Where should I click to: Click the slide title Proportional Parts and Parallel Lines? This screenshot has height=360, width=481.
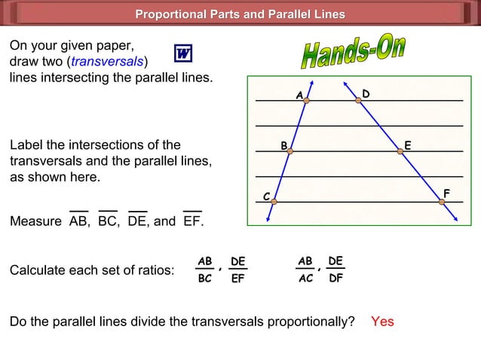pyautogui.click(x=240, y=14)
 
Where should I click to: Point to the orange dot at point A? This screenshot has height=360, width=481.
pyautogui.click(x=307, y=100)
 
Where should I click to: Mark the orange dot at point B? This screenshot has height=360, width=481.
pyautogui.click(x=290, y=151)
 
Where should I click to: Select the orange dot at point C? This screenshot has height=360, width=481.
pyautogui.click(x=275, y=201)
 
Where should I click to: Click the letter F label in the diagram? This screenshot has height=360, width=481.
pyautogui.click(x=446, y=194)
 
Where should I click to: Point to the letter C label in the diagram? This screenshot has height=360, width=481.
pyautogui.click(x=266, y=197)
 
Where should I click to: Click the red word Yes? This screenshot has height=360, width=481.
pyautogui.click(x=382, y=322)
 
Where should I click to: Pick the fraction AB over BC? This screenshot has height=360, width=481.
pyautogui.click(x=204, y=270)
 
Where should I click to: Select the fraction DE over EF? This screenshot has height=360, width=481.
pyautogui.click(x=238, y=270)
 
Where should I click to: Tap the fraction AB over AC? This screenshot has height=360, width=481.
pyautogui.click(x=305, y=270)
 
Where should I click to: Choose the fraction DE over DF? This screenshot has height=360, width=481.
pyautogui.click(x=335, y=270)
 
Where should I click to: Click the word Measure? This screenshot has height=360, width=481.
pyautogui.click(x=35, y=222)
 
